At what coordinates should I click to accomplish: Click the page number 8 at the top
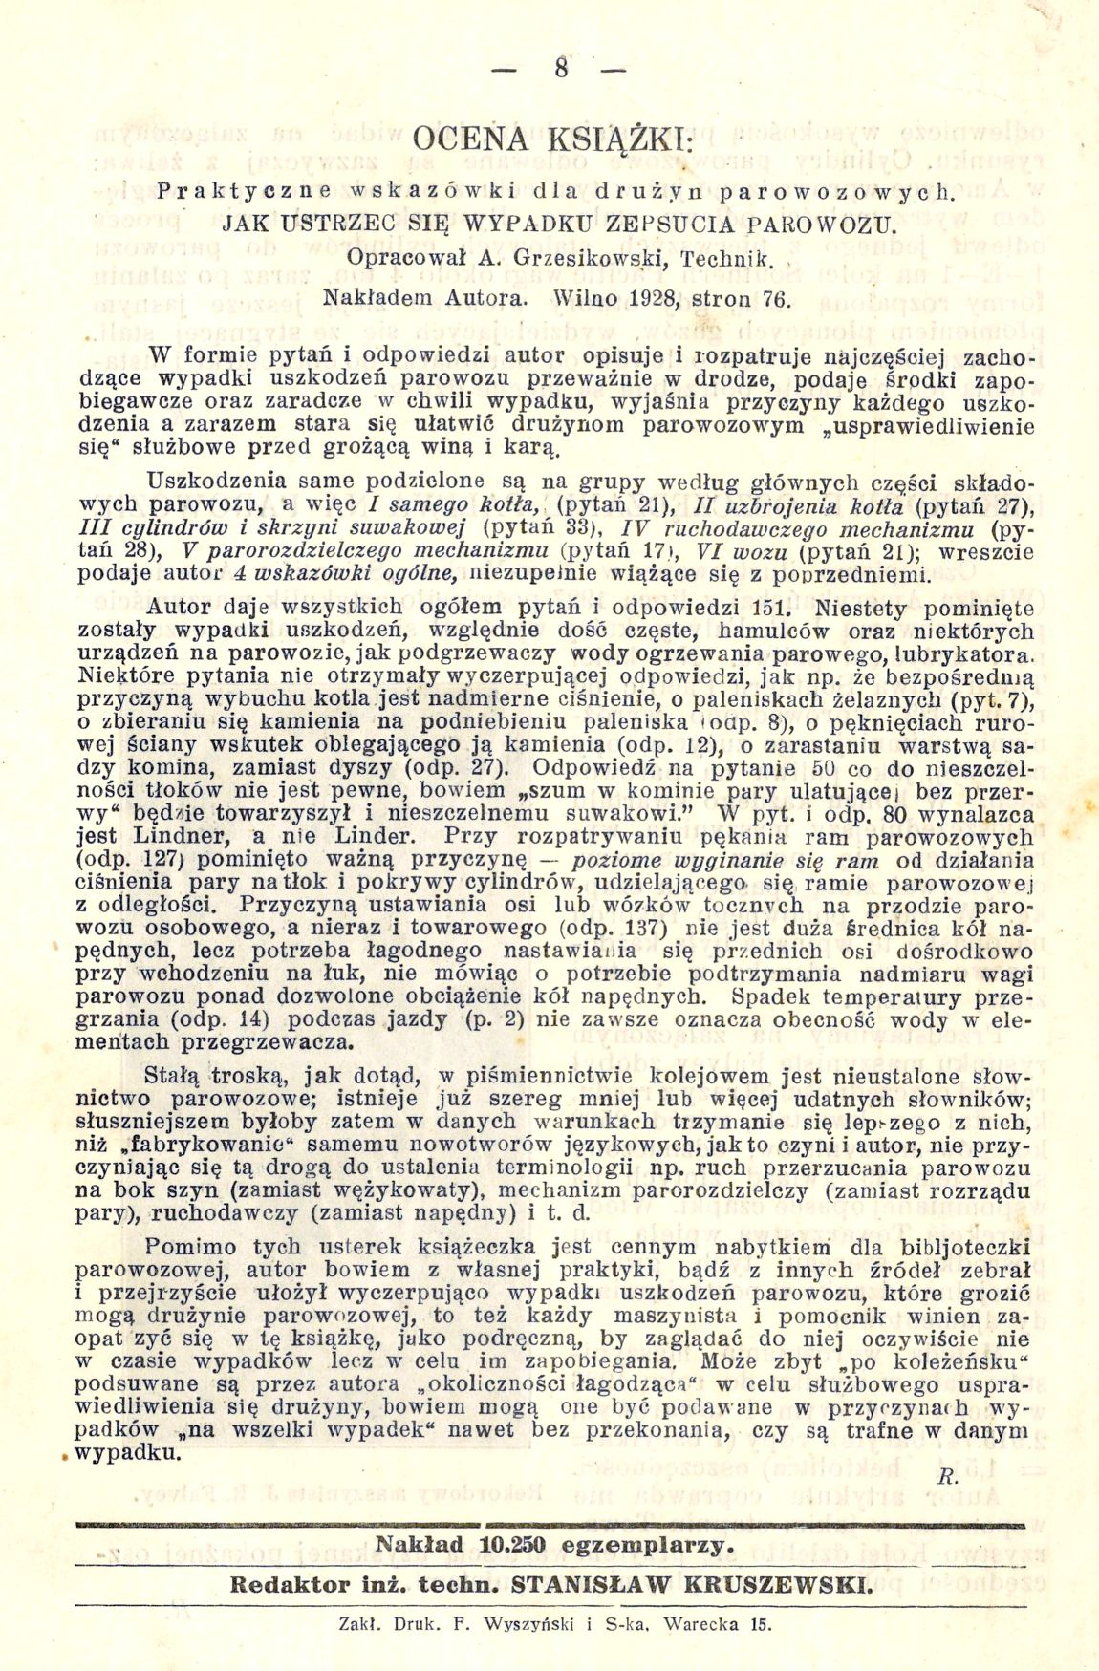[558, 72]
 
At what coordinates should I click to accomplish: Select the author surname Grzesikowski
[592, 258]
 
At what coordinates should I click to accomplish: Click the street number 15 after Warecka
[761, 1623]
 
